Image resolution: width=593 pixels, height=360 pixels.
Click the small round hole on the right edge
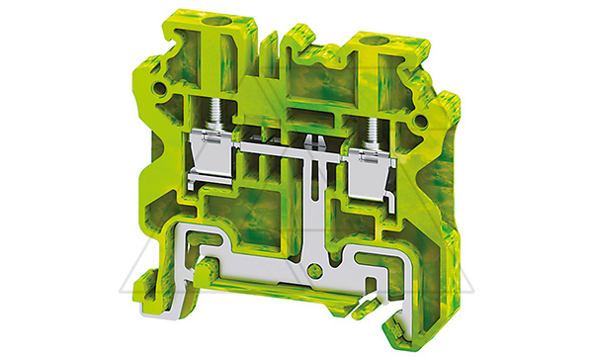[x=424, y=120]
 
